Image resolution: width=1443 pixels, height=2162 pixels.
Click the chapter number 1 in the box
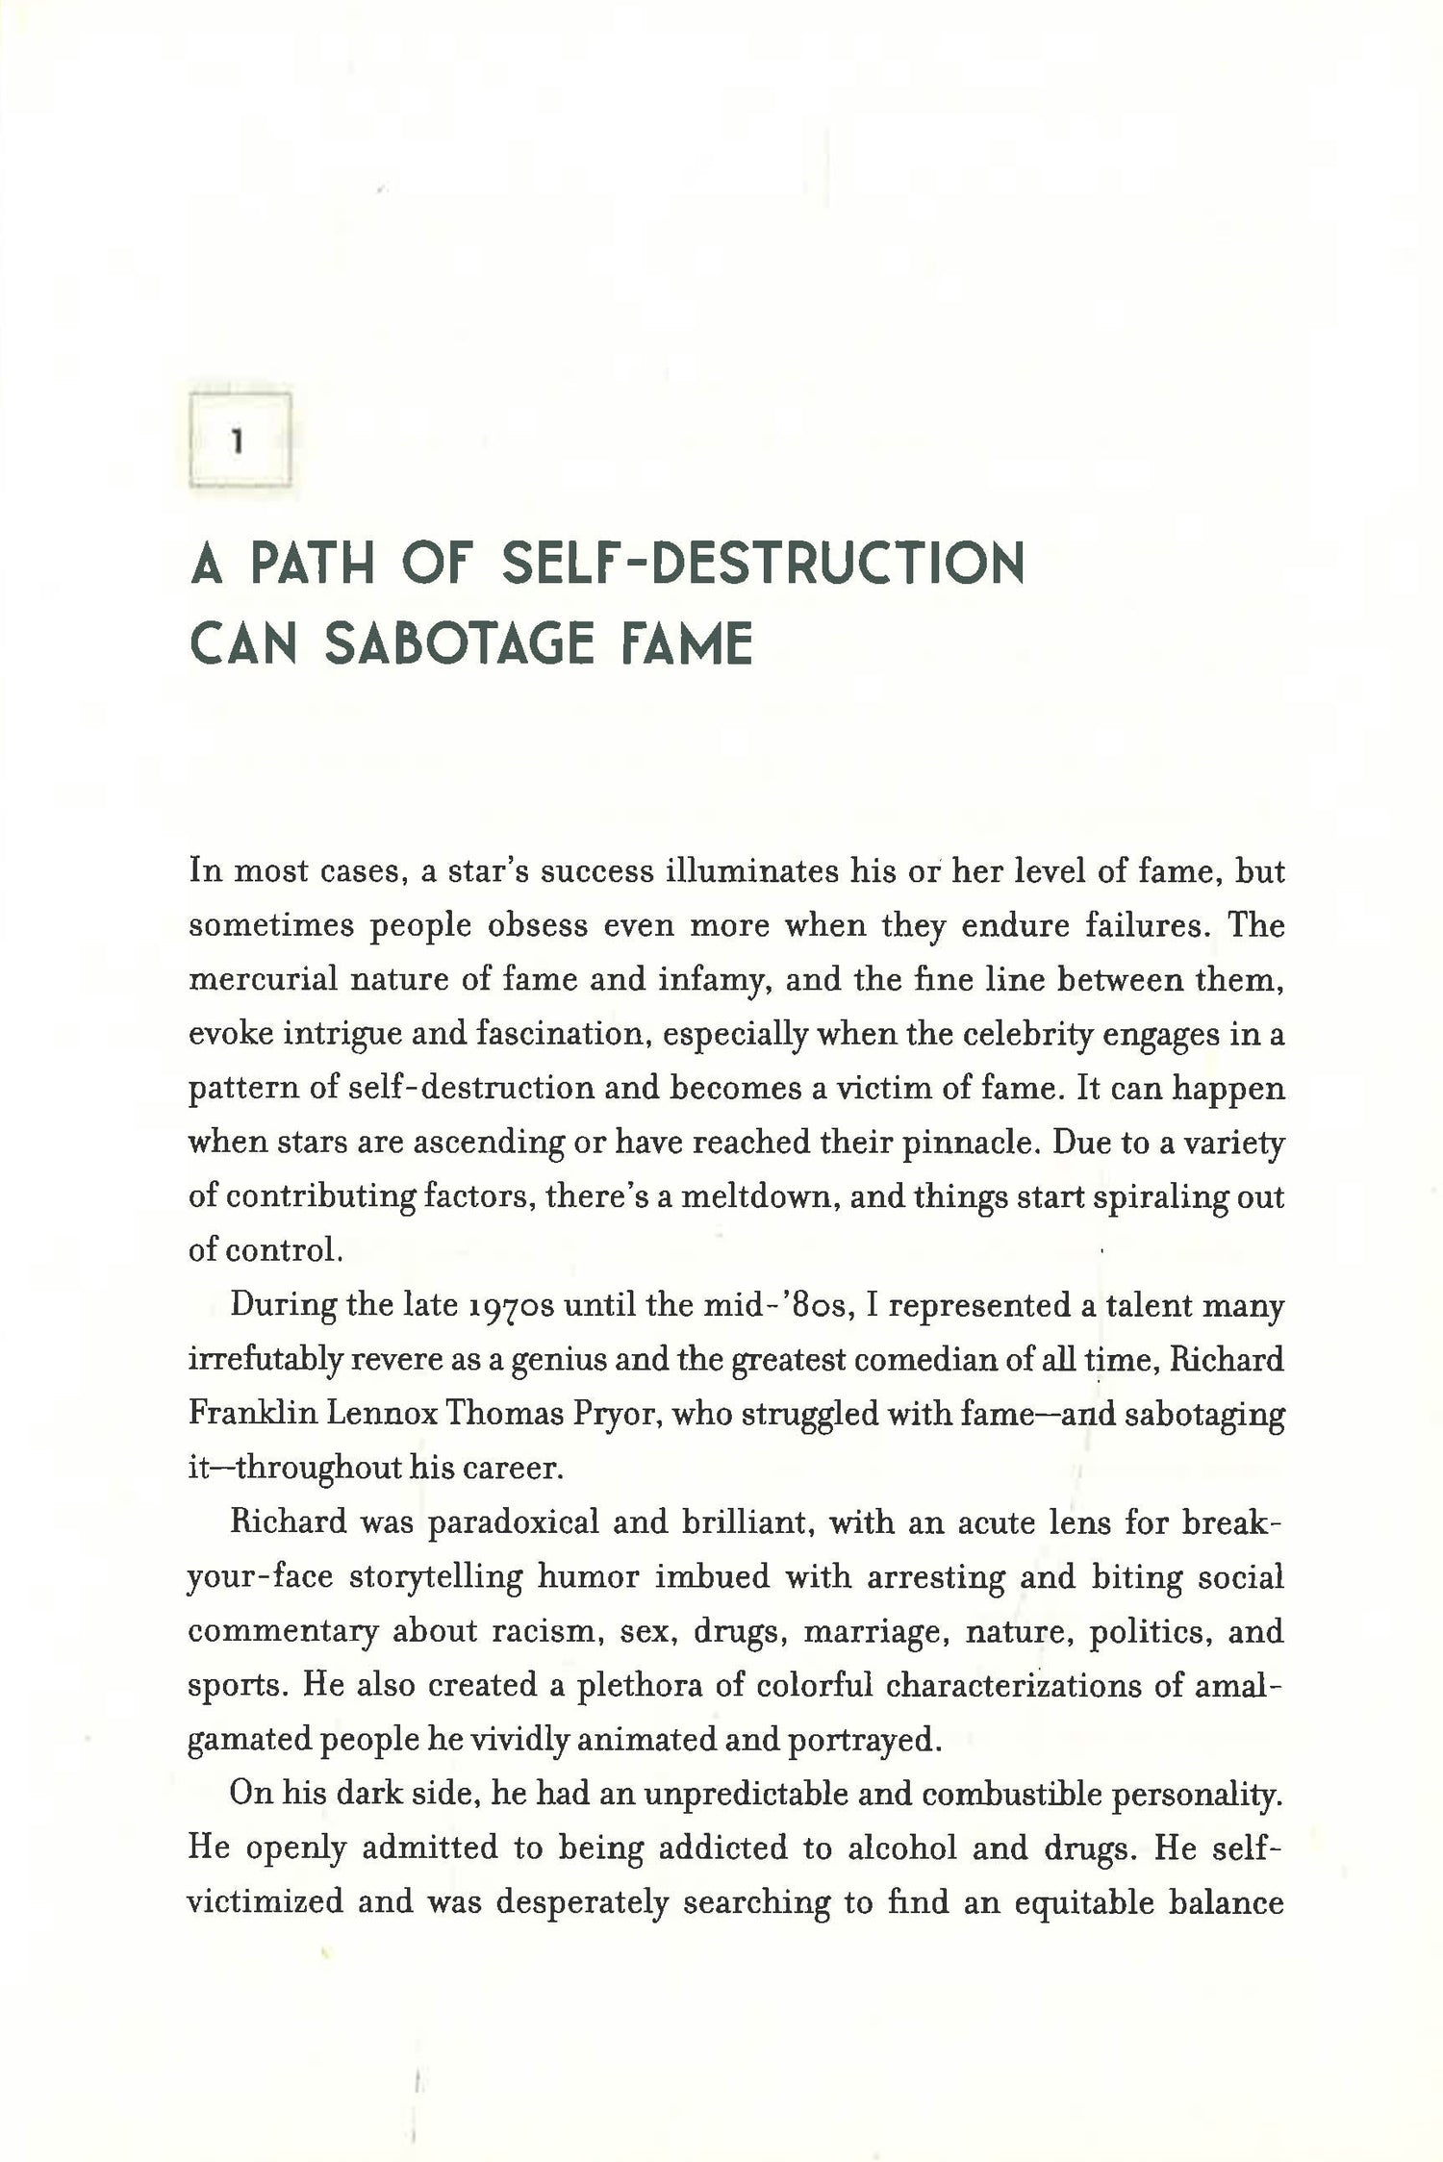click(x=238, y=441)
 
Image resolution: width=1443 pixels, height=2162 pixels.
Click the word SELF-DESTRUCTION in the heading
click(x=764, y=565)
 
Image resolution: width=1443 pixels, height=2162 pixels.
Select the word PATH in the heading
click(x=312, y=565)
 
